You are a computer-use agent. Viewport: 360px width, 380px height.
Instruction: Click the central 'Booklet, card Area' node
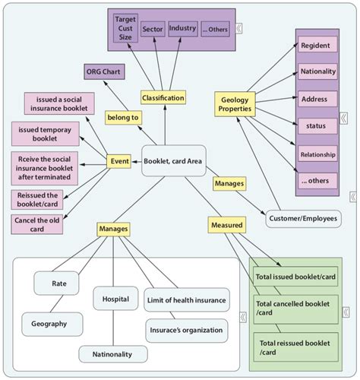tap(173, 160)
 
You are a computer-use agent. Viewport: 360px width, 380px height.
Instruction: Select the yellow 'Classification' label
tap(163, 98)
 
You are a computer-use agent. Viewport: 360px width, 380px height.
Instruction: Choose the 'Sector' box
tap(152, 29)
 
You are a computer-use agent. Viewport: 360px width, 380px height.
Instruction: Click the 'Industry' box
tap(182, 29)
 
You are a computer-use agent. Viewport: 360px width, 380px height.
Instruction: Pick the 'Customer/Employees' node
tap(302, 219)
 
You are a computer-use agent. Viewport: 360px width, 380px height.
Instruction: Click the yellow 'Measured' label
tap(226, 225)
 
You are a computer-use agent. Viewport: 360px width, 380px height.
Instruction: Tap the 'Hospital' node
tap(115, 299)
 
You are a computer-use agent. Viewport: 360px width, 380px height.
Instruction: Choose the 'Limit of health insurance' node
tap(185, 301)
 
